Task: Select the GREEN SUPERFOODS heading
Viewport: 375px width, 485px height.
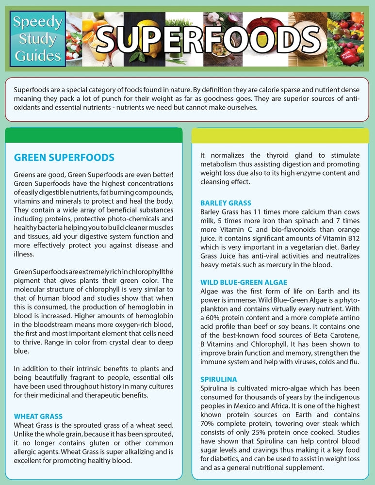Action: tap(64, 158)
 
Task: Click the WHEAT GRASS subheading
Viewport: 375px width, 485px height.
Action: tap(45, 416)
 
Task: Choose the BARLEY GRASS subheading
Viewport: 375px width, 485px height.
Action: tap(226, 203)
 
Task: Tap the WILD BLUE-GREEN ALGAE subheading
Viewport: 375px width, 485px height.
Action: tap(244, 282)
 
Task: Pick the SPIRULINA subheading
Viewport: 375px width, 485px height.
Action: tap(218, 379)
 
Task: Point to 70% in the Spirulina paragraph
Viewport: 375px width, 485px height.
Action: tap(208, 424)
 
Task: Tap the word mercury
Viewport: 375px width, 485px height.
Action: tap(289, 265)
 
